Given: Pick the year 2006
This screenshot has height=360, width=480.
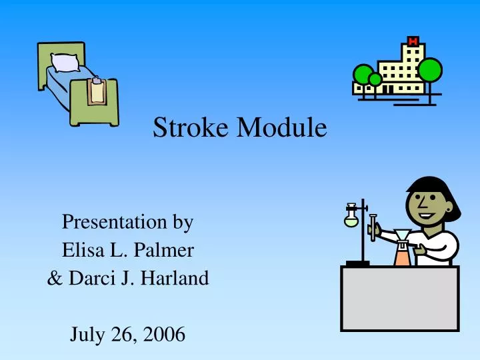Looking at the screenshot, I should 163,335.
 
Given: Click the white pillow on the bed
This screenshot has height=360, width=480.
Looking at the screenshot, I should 65,63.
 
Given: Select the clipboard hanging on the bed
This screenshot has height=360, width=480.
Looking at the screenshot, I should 97,91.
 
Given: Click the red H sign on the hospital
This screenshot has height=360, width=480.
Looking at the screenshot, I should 413,41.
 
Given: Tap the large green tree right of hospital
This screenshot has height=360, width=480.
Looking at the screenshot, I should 430,69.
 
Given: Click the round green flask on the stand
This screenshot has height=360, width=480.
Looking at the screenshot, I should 351,219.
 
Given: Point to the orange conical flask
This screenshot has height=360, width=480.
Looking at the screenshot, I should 401,257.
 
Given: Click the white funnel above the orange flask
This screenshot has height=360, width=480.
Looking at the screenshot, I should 403,235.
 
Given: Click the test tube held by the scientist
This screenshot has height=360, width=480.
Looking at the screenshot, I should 373,227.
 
